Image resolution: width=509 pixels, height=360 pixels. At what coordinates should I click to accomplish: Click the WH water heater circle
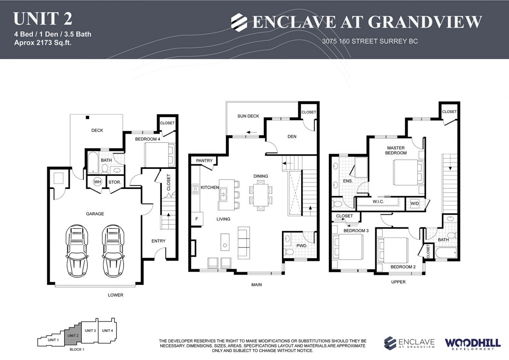[x=97, y=182]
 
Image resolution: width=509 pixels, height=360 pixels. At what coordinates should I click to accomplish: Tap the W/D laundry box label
[x=415, y=203]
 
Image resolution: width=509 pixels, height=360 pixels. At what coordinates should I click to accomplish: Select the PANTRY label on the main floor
[x=204, y=161]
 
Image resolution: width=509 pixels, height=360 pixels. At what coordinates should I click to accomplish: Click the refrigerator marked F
[x=197, y=219]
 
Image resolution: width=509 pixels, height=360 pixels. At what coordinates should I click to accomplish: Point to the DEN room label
[x=292, y=136]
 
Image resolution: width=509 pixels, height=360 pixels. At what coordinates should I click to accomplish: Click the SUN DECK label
[x=248, y=116]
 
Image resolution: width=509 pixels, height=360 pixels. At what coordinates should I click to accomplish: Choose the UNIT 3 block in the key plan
[x=90, y=332]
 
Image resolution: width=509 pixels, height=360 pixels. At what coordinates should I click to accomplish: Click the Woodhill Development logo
[x=473, y=344]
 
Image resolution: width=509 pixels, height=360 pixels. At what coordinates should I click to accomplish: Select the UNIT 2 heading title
[x=43, y=19]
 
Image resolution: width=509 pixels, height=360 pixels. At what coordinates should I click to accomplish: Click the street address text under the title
[x=370, y=41]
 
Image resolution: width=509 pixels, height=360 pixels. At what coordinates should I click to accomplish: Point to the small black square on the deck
[x=87, y=118]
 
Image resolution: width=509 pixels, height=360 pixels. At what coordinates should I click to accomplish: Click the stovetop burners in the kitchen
[x=195, y=189]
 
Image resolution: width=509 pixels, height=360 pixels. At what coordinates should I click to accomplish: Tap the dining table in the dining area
[x=261, y=195]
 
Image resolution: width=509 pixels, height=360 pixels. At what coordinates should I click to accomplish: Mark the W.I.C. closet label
[x=378, y=201]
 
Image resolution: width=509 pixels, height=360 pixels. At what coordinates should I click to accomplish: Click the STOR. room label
[x=115, y=182]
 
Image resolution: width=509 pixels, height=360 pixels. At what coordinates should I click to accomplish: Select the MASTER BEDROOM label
[x=396, y=150]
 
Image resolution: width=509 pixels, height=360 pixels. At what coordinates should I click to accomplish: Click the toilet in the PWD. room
[x=289, y=252]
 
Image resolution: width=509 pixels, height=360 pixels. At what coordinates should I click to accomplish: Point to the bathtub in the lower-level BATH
[x=93, y=162]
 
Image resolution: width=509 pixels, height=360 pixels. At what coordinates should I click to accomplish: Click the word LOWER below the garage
[x=116, y=295]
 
